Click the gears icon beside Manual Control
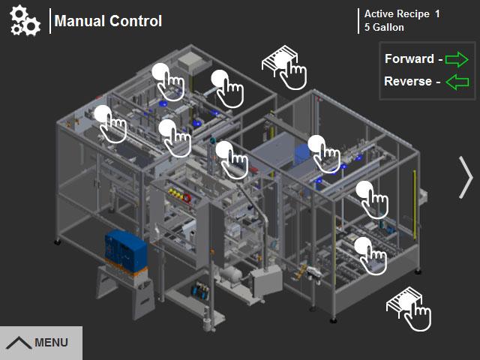pos(25,21)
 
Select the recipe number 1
pos(438,13)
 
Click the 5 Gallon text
pos(384,28)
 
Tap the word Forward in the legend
pos(409,58)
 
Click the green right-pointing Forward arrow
pos(457,58)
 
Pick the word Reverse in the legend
pos(408,81)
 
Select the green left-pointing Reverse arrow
pos(457,82)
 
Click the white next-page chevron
pos(466,178)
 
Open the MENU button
pos(40,343)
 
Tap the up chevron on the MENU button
pos(19,343)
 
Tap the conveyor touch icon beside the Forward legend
pos(284,68)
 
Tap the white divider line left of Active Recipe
pos(358,21)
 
